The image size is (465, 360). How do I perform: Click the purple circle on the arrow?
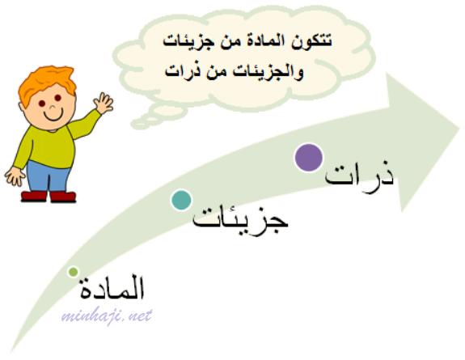coord(309,157)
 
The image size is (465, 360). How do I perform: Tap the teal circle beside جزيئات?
coord(181,200)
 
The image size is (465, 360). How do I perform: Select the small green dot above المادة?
coord(73,272)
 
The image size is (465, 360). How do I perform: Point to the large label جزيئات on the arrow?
coord(240,218)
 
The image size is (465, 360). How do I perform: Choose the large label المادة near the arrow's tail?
coord(112,286)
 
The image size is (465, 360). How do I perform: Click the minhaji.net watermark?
coord(107,316)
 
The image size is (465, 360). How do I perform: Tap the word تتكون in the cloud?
coord(311,40)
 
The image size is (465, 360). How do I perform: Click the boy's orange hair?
coord(47,83)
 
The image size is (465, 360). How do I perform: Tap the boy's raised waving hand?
coord(104,103)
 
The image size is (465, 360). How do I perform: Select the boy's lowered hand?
coord(14,176)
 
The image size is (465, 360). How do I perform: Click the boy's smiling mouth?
coord(53,115)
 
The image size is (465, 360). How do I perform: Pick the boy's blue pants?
coord(48,177)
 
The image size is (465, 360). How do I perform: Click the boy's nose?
coord(53,107)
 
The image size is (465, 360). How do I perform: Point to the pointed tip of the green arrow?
coord(459,128)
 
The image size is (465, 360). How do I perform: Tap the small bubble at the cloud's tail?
coord(139,123)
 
